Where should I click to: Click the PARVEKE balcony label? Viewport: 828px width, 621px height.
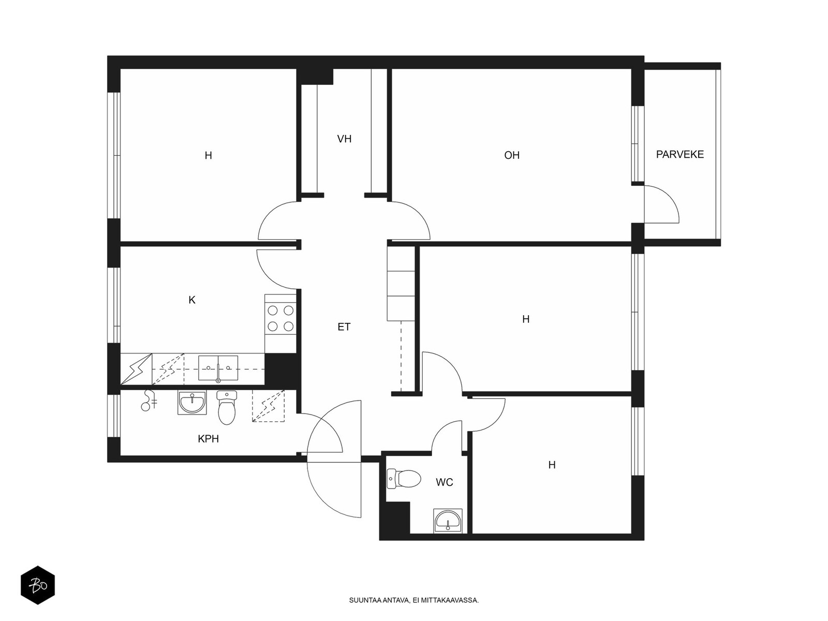(680, 154)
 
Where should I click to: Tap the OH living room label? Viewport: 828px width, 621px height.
(511, 155)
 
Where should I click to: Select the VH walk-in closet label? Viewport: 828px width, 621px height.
(344, 139)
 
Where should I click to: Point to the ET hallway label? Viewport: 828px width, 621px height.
(344, 327)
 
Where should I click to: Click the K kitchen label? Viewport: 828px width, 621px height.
(191, 300)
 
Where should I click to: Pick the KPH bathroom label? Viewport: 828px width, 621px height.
(208, 438)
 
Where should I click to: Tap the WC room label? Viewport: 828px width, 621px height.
(444, 482)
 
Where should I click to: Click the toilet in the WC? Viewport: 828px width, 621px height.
(404, 479)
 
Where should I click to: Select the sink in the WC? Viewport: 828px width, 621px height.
(448, 521)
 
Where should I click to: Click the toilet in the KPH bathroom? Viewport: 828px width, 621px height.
(226, 408)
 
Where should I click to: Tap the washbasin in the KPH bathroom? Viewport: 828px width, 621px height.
(192, 403)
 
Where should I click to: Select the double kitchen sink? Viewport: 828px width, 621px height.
(218, 368)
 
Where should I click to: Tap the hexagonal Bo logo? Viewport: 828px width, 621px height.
(38, 585)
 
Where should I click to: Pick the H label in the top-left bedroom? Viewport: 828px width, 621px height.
(208, 155)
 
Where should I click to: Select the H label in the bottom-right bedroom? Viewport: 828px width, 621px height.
(552, 465)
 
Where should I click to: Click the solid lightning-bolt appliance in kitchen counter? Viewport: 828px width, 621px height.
(136, 369)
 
